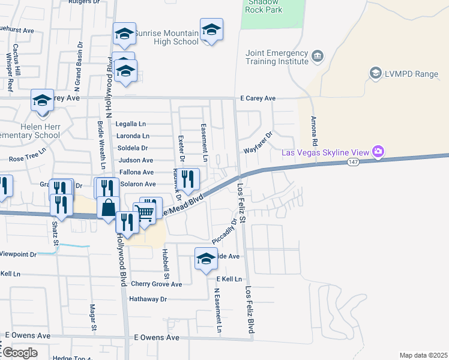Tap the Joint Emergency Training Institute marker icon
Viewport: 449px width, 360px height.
[x=317, y=57]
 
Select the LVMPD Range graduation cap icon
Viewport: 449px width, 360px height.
[x=376, y=73]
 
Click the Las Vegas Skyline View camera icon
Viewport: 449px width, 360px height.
[x=378, y=151]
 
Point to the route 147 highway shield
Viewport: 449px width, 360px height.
[x=357, y=163]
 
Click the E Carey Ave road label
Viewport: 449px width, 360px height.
[x=258, y=98]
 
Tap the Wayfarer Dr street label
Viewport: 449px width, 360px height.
[x=258, y=143]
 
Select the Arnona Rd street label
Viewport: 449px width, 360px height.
[x=313, y=132]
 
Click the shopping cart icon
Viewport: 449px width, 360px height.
[x=144, y=212]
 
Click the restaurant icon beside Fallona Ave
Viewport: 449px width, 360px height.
[x=189, y=179]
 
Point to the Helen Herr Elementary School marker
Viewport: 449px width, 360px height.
[x=43, y=100]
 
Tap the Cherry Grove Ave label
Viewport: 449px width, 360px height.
[x=156, y=284]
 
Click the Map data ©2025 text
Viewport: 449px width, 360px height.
[x=423, y=355]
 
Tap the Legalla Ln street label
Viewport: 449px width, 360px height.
[x=131, y=124]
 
